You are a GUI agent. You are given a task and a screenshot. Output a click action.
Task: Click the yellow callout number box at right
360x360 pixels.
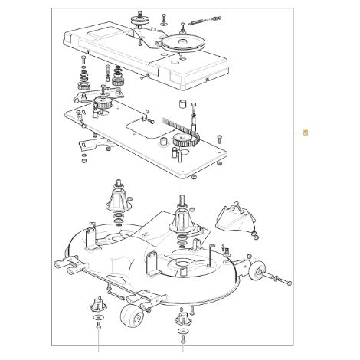click(305, 133)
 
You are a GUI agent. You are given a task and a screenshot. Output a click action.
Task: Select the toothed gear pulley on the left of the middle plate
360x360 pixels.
click(103, 103)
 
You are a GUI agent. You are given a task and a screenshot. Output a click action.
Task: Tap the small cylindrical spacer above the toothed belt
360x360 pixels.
click(183, 104)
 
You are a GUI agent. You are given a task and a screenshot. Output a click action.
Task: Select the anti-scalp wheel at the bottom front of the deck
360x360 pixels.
click(132, 315)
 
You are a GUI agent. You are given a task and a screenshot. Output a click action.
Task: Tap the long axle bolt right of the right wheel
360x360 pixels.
click(279, 279)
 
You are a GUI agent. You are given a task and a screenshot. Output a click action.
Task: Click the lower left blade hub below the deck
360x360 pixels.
click(98, 304)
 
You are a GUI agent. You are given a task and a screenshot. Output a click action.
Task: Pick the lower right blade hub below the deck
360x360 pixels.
click(182, 317)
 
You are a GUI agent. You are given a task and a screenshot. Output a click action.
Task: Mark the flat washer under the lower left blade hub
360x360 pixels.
click(98, 317)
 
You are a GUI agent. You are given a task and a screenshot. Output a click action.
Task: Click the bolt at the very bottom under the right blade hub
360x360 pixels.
click(183, 339)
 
